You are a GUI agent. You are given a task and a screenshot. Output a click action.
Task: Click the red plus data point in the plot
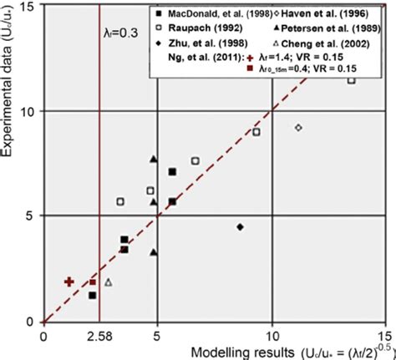click(x=69, y=282)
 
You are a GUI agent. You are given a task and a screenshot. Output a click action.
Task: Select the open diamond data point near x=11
click(x=298, y=127)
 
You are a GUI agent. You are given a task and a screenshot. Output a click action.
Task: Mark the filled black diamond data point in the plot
click(x=240, y=226)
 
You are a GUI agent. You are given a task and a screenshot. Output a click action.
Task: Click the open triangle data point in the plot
click(x=108, y=283)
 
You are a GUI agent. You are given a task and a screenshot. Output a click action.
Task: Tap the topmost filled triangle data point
click(x=153, y=159)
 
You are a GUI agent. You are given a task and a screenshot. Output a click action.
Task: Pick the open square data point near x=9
click(x=256, y=132)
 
